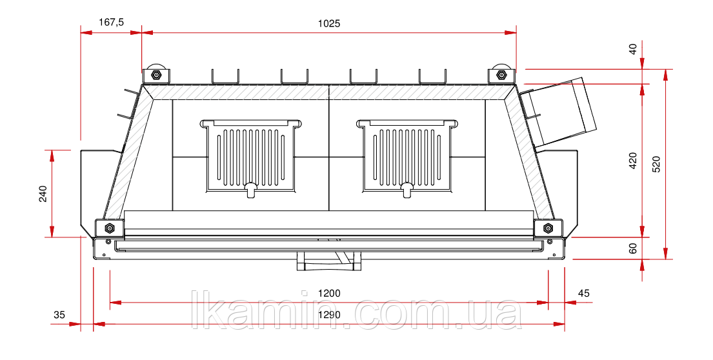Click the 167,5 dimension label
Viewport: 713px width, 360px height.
tap(111, 22)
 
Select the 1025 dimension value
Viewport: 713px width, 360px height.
tap(329, 24)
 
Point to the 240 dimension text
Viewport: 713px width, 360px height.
tap(43, 194)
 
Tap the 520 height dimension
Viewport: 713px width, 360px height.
tap(656, 164)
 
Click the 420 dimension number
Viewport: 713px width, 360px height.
tap(632, 161)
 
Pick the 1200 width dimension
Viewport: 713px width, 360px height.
tap(329, 293)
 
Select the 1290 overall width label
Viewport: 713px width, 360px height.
tap(329, 315)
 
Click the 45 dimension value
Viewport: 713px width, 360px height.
tap(583, 293)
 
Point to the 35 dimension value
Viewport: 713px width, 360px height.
tap(59, 315)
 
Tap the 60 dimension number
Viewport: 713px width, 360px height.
tap(632, 248)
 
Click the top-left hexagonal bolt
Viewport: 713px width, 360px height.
tap(156, 75)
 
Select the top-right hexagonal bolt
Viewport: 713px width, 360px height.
tap(501, 75)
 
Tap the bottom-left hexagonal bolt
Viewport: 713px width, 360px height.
tap(109, 228)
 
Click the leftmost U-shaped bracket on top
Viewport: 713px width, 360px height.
tap(225, 77)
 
